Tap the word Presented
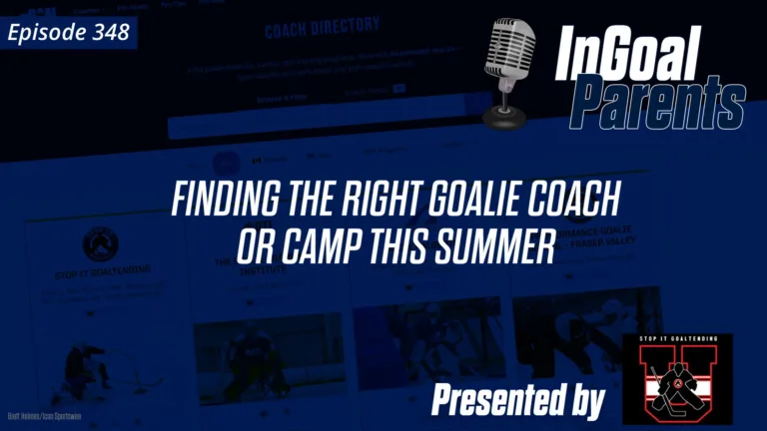coord(499,400)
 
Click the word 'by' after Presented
coord(586,402)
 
